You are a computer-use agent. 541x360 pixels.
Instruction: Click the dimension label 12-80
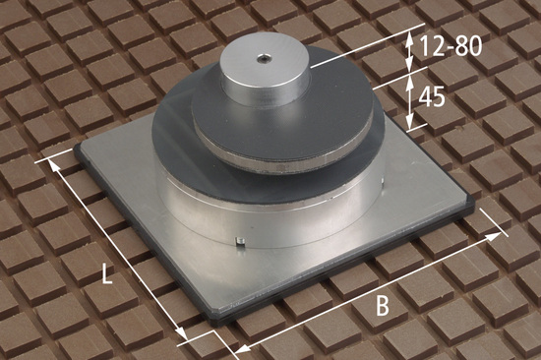[x=451, y=46]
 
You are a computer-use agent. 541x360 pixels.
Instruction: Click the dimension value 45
[x=431, y=97]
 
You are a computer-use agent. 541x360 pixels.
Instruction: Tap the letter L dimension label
[x=107, y=273]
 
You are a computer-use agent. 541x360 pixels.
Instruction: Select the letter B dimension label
[x=383, y=306]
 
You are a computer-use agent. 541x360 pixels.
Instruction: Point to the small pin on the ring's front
[x=239, y=240]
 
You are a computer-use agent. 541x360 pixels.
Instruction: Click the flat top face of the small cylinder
[x=264, y=62]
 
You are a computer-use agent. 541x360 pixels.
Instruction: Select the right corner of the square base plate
[x=473, y=207]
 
